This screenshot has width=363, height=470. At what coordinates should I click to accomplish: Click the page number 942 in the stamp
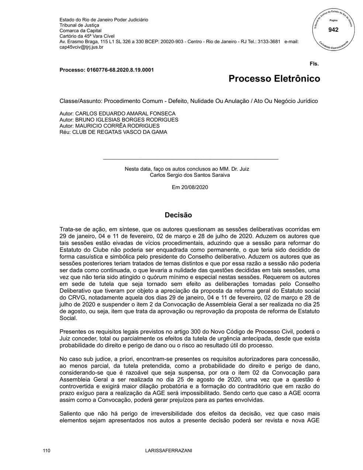333,30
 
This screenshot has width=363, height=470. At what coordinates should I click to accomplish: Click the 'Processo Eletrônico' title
274,79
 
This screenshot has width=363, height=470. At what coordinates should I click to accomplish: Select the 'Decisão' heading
178,215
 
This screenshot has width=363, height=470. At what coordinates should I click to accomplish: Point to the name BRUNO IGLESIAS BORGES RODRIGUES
127,120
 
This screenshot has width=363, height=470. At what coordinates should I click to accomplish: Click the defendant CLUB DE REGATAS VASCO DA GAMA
120,132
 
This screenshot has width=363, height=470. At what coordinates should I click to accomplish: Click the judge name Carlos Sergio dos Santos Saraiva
190,175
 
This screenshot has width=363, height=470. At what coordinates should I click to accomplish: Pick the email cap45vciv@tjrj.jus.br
82,47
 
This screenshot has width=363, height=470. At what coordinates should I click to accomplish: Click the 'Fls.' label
314,64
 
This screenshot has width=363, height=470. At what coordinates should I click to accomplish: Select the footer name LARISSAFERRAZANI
169,451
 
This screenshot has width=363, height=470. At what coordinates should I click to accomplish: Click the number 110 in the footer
46,451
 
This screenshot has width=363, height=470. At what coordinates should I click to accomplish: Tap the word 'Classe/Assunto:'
81,101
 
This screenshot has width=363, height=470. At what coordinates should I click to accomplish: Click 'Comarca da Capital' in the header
80,31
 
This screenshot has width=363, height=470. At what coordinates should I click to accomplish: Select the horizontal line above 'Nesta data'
190,159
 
